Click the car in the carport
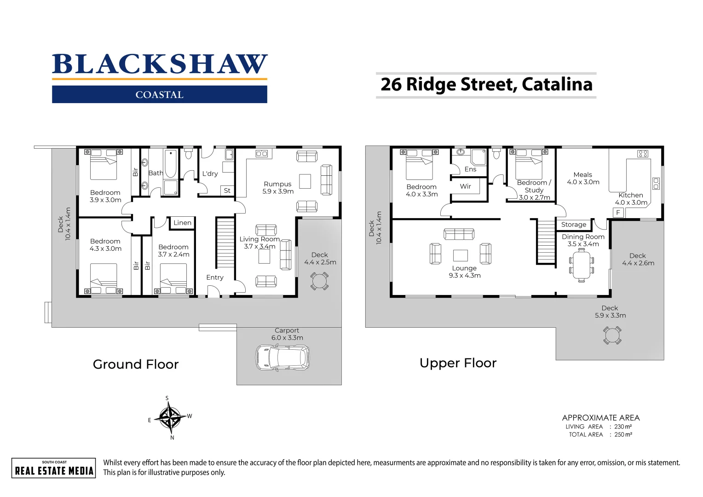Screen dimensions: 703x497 [282, 358]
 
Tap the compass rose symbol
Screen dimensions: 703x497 [170, 417]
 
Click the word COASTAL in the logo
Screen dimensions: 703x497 [160, 95]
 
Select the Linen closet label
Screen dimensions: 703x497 [182, 223]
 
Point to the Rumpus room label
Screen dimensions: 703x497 [277, 184]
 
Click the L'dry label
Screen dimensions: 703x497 [210, 173]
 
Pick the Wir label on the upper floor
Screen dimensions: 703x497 [466, 186]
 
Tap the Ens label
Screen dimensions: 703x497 [471, 169]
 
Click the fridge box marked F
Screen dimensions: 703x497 [618, 213]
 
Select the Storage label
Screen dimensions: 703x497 [574, 225]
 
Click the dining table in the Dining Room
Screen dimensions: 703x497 [582, 266]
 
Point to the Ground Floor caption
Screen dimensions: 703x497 [136, 364]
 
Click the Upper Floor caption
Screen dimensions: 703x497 [458, 364]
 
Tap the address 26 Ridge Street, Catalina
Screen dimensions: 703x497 [486, 85]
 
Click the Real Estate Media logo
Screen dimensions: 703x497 [54, 468]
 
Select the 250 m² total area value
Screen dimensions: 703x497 [623, 434]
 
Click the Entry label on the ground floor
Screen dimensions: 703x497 [215, 277]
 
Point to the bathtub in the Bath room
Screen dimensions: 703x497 [171, 163]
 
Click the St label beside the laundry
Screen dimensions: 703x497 [227, 190]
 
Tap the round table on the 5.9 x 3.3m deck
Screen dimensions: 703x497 [612, 335]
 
